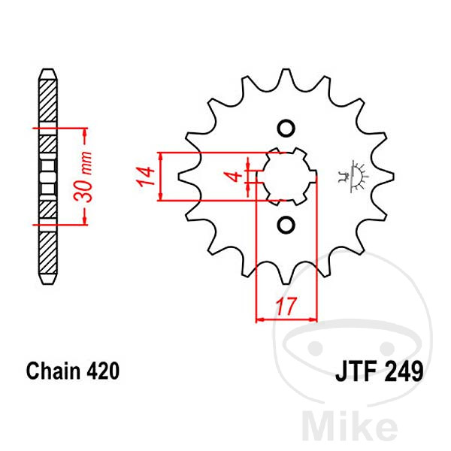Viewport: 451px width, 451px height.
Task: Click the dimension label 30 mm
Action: (83, 176)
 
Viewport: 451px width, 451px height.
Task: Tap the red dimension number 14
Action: (145, 177)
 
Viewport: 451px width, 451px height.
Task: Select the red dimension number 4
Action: (237, 176)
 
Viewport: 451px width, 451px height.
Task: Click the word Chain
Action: (53, 371)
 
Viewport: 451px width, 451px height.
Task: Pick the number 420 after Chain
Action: (103, 371)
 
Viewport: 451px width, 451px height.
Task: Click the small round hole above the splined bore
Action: (286, 129)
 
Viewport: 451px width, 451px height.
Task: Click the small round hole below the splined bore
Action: (286, 224)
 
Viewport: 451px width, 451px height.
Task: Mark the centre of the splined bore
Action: (286, 177)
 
